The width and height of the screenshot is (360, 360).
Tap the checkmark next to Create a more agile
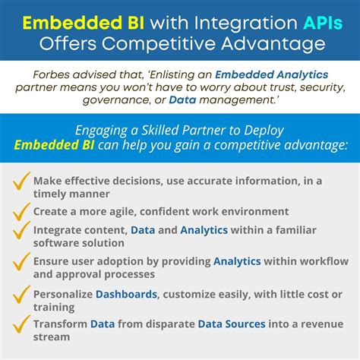[x=23, y=210]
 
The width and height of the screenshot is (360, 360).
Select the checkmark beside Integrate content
[x=23, y=233]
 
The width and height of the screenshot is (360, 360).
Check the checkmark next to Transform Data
[x=23, y=325]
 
